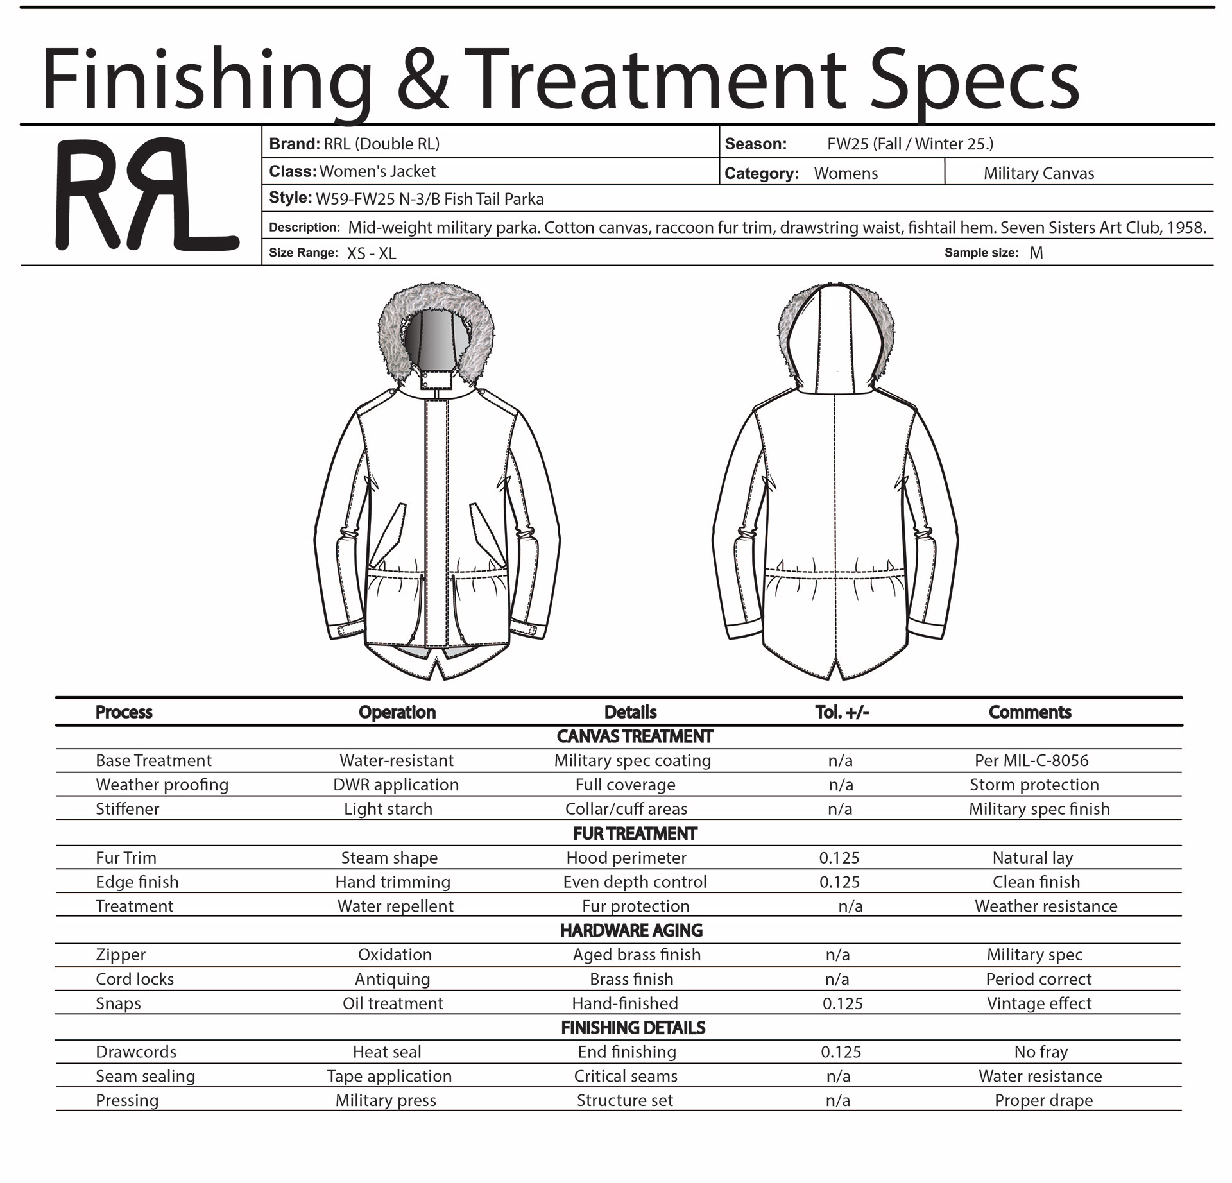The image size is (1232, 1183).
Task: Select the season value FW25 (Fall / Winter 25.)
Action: [x=910, y=144]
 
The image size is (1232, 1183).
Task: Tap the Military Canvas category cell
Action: [x=1038, y=173]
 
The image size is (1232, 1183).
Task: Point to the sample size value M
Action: [x=1036, y=253]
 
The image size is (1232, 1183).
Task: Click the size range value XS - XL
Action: [x=372, y=253]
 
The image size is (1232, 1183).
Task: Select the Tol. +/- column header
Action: [x=842, y=712]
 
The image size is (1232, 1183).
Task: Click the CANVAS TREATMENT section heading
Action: [x=634, y=736]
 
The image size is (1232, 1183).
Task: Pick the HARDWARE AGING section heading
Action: [x=631, y=930]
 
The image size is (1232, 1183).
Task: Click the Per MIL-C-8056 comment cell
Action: [x=1031, y=760]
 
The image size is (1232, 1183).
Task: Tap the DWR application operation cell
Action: [x=396, y=785]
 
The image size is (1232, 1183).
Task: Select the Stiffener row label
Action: [x=127, y=809]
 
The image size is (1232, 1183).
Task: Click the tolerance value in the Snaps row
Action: [x=843, y=1003]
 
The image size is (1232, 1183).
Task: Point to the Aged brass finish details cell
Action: [x=637, y=955]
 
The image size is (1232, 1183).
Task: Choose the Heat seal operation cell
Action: [x=387, y=1052]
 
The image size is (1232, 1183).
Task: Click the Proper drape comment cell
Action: [x=1043, y=1101]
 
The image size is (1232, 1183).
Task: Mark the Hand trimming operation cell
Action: [x=393, y=882]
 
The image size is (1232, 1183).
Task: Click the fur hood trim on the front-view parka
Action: [x=391, y=321]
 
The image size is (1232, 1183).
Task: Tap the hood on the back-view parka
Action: [x=835, y=340]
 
